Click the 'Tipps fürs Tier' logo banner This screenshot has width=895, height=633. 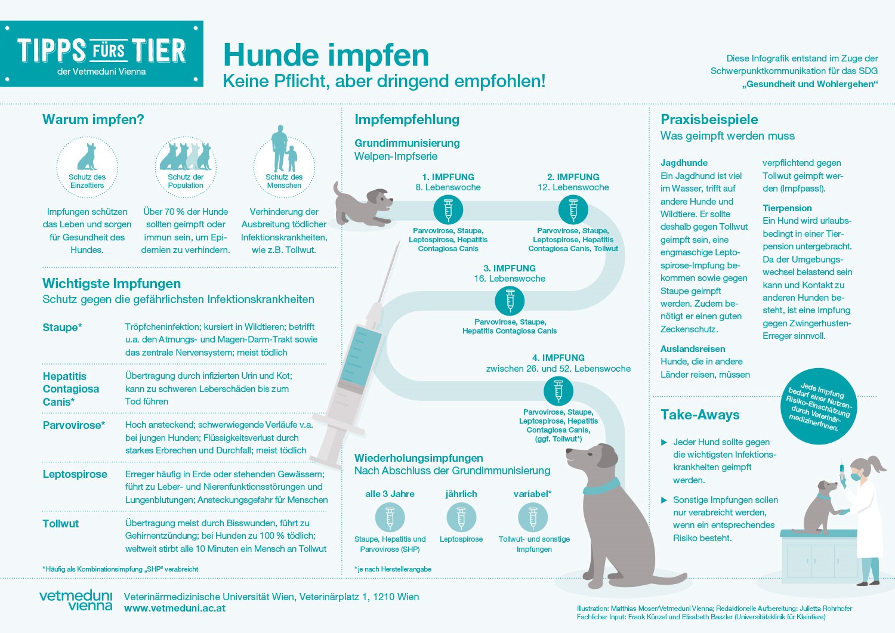pyautogui.click(x=101, y=54)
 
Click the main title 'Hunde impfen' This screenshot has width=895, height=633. pyautogui.click(x=326, y=55)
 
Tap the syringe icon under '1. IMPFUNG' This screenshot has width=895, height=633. pyautogui.click(x=448, y=209)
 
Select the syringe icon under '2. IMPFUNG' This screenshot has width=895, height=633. pyautogui.click(x=573, y=209)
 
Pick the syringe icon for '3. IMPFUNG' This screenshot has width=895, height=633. pyautogui.click(x=510, y=301)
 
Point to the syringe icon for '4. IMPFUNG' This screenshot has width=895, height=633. pyautogui.click(x=558, y=391)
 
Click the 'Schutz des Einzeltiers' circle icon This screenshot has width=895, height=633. pyautogui.click(x=87, y=166)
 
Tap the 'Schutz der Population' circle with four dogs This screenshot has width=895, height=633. pyautogui.click(x=186, y=166)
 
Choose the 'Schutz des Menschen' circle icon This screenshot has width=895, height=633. pyautogui.click(x=284, y=166)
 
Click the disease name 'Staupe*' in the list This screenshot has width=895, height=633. pyautogui.click(x=62, y=327)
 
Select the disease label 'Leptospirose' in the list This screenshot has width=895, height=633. pyautogui.click(x=75, y=474)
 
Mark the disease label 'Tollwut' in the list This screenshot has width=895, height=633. pyautogui.click(x=60, y=523)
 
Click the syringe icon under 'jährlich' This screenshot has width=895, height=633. pyautogui.click(x=461, y=517)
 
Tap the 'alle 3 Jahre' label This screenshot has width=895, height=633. pyautogui.click(x=390, y=494)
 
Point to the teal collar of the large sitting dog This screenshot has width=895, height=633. pyautogui.click(x=601, y=487)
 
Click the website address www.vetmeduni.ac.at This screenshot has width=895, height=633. pyautogui.click(x=175, y=609)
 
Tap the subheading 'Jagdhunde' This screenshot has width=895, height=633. pyautogui.click(x=684, y=163)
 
